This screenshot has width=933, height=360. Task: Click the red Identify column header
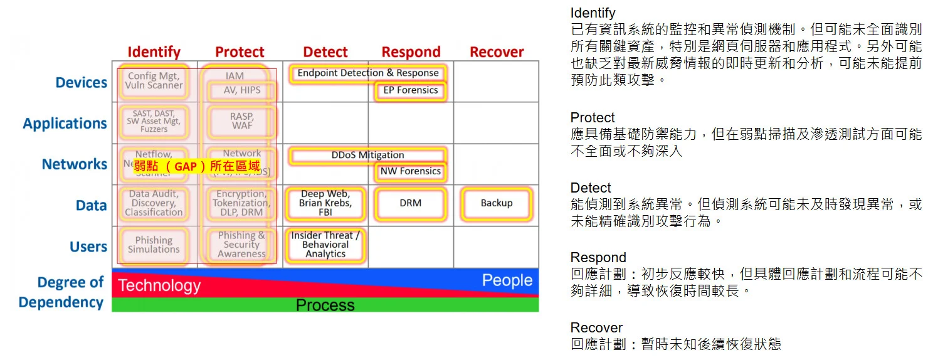pyautogui.click(x=154, y=52)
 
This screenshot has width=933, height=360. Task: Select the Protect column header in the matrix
pyautogui.click(x=240, y=52)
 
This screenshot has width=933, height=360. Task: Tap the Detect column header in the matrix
pyautogui.click(x=325, y=52)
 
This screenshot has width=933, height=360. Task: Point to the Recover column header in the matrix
pyautogui.click(x=497, y=52)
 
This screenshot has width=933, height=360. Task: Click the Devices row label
pyautogui.click(x=82, y=83)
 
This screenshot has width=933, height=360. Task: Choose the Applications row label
pyautogui.click(x=65, y=124)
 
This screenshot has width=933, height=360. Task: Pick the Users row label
pyautogui.click(x=88, y=247)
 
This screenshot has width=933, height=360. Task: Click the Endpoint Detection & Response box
pyautogui.click(x=368, y=73)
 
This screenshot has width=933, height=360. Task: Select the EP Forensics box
pyautogui.click(x=411, y=90)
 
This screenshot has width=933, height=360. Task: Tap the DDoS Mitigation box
pyautogui.click(x=368, y=155)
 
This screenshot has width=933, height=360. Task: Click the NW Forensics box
pyautogui.click(x=411, y=171)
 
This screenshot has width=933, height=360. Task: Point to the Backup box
pyautogui.click(x=497, y=203)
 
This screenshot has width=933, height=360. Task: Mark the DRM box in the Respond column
pyautogui.click(x=411, y=203)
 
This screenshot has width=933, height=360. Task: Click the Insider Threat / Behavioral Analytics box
pyautogui.click(x=325, y=245)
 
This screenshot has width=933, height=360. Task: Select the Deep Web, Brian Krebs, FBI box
pyautogui.click(x=325, y=203)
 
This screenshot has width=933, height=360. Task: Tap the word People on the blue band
pyautogui.click(x=507, y=280)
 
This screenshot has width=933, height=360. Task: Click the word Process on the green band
pyautogui.click(x=325, y=305)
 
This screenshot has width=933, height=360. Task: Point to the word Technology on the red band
pyautogui.click(x=159, y=286)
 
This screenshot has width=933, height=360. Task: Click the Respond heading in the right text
pyautogui.click(x=598, y=258)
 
